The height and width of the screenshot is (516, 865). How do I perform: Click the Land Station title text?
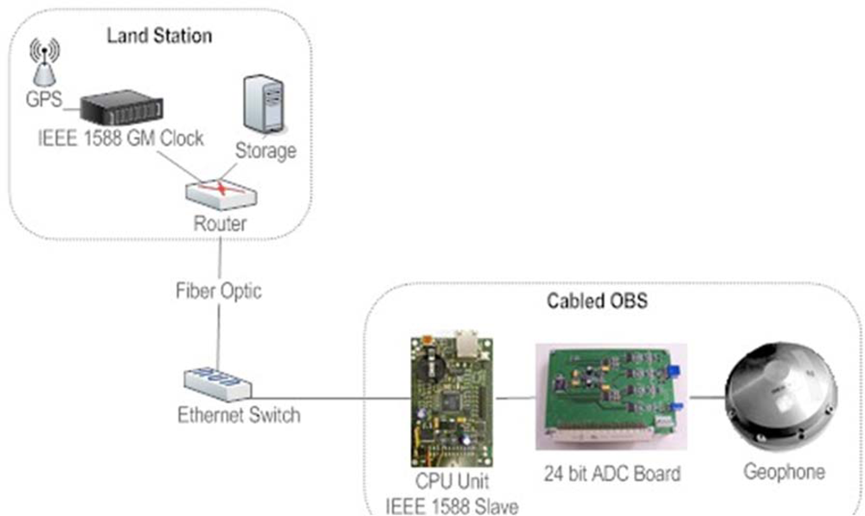point(159,36)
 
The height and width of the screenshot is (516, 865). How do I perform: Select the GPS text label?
point(43,99)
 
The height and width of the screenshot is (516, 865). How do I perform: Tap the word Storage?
point(266,150)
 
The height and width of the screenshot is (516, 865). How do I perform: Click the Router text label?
point(220,224)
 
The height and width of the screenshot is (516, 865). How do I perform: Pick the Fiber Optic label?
point(219,291)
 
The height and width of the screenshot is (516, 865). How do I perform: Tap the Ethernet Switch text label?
point(238,416)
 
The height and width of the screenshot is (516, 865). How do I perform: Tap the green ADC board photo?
point(610,397)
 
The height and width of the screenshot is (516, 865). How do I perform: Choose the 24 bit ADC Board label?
point(612,474)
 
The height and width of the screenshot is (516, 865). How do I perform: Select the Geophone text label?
point(785,472)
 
